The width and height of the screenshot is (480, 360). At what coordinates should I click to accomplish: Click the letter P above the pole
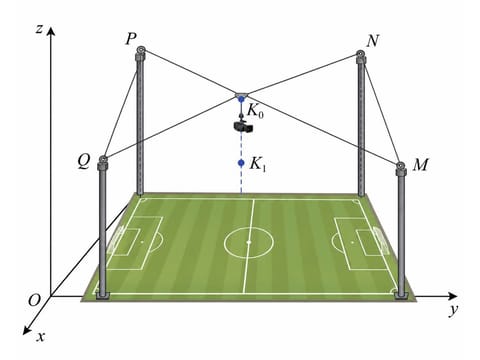[x=131, y=39]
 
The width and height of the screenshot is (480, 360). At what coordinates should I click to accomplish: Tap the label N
[x=372, y=41]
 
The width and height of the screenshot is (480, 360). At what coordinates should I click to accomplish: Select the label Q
[x=84, y=162]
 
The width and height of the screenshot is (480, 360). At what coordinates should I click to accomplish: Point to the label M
[x=420, y=165]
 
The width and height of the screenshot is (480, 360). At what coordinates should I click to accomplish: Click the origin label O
[x=34, y=301]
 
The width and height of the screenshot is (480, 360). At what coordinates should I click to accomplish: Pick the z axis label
[x=39, y=30]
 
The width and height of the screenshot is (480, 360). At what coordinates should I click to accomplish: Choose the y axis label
[x=454, y=310]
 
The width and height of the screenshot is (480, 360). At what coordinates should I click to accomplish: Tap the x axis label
[x=40, y=337]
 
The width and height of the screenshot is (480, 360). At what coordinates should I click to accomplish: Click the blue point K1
[x=241, y=163]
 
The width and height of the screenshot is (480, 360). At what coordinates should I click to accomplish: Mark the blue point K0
[x=241, y=99]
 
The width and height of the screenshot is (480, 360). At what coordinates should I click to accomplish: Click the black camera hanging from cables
[x=243, y=126]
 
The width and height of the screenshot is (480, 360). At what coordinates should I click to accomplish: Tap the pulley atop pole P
[x=141, y=50]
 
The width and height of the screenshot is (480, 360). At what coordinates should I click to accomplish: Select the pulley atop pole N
[x=360, y=54]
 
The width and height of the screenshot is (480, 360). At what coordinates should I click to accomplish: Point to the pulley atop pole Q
[x=103, y=159]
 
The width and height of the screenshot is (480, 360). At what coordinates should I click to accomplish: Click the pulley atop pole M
[x=400, y=166]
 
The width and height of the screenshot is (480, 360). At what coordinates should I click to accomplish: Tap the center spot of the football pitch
[x=249, y=242]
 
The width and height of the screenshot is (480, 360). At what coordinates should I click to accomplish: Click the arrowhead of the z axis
[x=50, y=31]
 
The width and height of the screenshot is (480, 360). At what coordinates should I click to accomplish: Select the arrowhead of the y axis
[x=453, y=296]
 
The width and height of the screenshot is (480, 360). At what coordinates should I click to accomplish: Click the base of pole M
[x=401, y=296]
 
